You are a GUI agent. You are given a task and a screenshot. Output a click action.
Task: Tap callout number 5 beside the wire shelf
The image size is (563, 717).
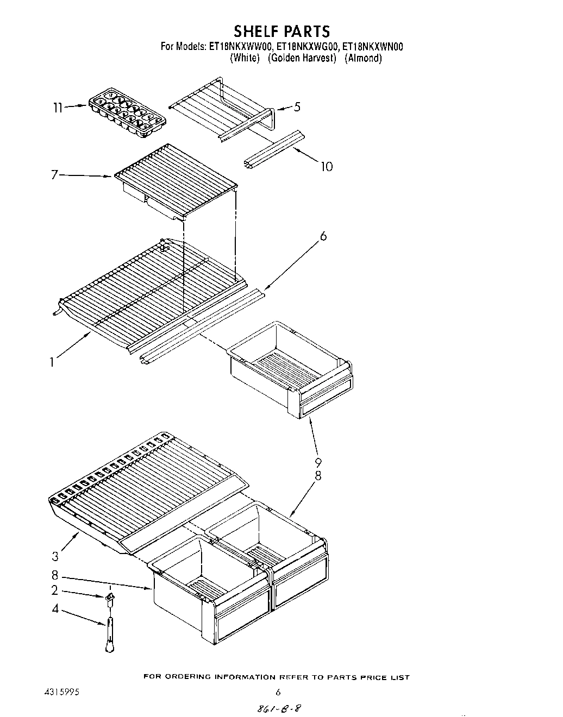(x=297, y=106)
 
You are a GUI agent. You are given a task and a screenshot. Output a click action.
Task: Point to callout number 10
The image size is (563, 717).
(x=326, y=166)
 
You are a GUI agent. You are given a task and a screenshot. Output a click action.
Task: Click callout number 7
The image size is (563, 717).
(x=55, y=175)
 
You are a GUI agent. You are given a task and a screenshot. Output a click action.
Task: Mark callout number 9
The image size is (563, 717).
(x=318, y=462)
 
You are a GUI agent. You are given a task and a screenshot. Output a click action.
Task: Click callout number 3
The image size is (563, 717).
(x=55, y=556)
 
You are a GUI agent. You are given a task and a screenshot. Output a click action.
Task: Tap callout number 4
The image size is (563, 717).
(x=55, y=609)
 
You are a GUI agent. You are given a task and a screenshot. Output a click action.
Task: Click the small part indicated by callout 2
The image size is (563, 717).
(x=110, y=599)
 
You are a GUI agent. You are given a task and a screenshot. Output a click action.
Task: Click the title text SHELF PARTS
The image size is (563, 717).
(x=281, y=31)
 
